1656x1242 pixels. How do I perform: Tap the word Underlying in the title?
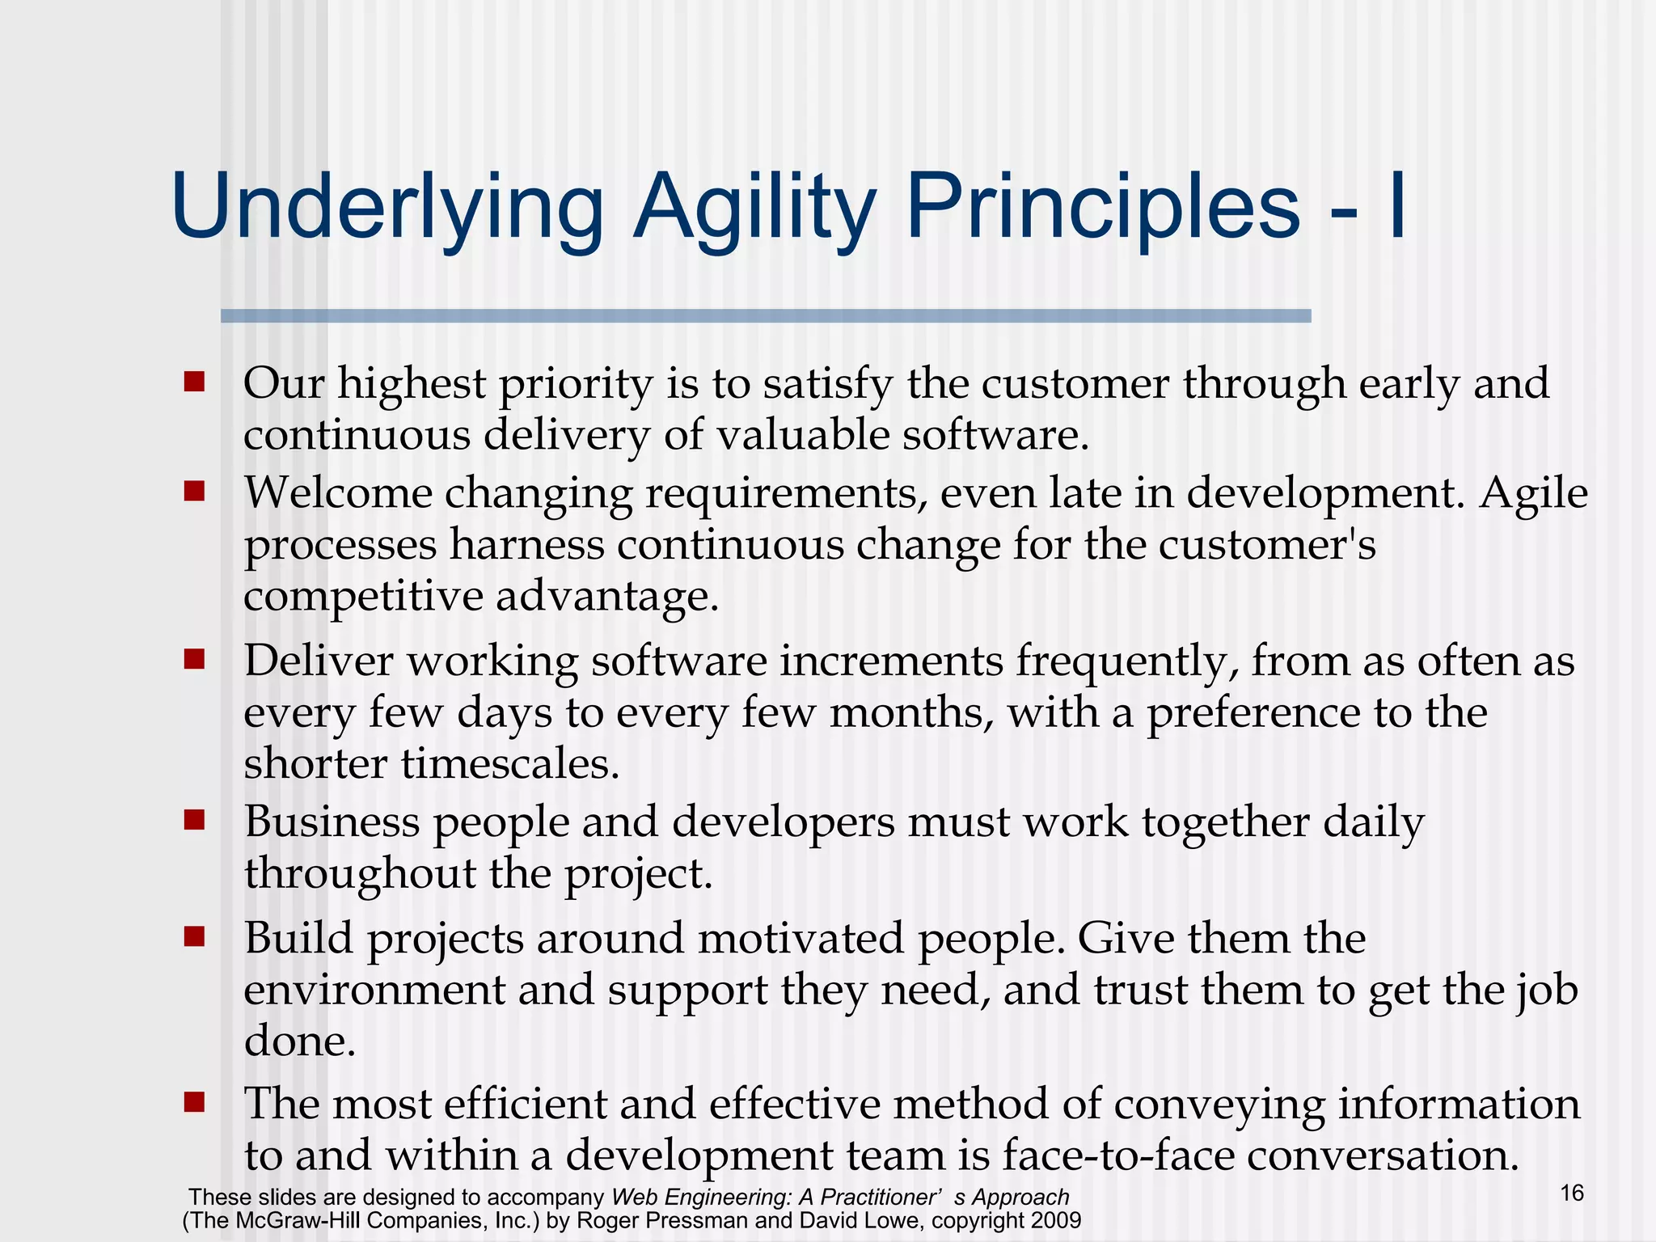click(387, 208)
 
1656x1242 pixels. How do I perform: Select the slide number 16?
click(1571, 1193)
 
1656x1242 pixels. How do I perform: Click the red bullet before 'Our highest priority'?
click(194, 382)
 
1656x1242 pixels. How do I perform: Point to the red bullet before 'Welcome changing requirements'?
click(194, 492)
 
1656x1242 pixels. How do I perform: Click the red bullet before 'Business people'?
click(194, 821)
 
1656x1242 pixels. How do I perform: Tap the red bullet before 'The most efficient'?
click(194, 1102)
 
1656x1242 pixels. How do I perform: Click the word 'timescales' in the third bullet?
click(509, 763)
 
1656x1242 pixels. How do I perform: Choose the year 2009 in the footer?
click(1055, 1220)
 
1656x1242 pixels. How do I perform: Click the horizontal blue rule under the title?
click(765, 316)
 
